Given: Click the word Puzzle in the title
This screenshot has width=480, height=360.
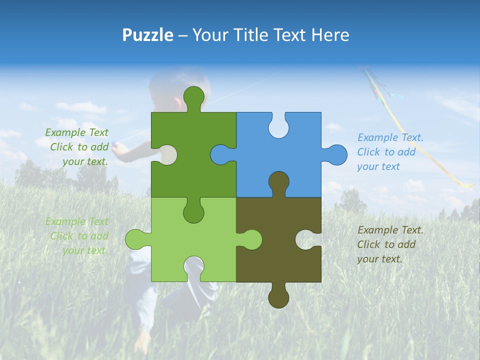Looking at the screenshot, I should [147, 35].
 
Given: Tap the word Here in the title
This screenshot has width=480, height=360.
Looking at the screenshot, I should [329, 35].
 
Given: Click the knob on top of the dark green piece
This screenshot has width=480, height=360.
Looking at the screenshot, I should [193, 98].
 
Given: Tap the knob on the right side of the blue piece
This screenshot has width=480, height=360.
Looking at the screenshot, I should [335, 154].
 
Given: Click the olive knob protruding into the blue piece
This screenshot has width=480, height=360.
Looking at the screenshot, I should [278, 182].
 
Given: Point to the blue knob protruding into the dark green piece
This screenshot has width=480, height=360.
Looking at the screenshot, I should [221, 154].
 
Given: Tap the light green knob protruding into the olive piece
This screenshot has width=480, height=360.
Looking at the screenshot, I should [250, 239].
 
